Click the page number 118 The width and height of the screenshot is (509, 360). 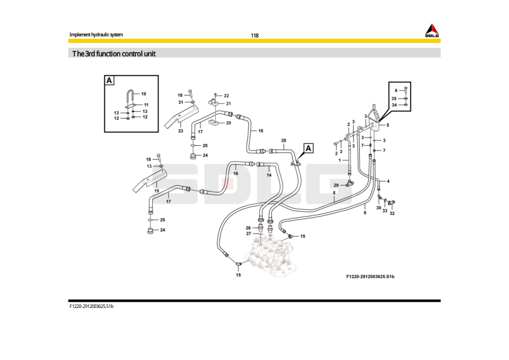click(254, 36)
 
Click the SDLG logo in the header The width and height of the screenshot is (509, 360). click(431, 31)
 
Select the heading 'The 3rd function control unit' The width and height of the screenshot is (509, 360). click(114, 54)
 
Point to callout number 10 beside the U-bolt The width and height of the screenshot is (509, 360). click(143, 94)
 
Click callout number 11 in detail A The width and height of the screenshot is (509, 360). click(146, 105)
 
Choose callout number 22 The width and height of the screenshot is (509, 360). click(227, 96)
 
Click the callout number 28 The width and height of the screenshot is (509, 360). click(283, 140)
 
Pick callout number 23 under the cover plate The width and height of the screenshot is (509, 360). click(180, 131)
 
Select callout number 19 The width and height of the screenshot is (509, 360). click(156, 191)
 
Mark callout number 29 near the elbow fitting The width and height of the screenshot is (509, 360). click(336, 185)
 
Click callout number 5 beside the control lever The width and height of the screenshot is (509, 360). click(387, 125)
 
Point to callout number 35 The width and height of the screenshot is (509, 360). click(394, 98)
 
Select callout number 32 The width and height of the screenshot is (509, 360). click(392, 214)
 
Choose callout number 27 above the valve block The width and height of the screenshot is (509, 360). click(248, 234)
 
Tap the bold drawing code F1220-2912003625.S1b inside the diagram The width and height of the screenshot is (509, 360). click(370, 277)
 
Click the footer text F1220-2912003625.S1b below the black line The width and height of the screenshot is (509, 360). click(91, 307)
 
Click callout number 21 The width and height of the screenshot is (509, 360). click(229, 103)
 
